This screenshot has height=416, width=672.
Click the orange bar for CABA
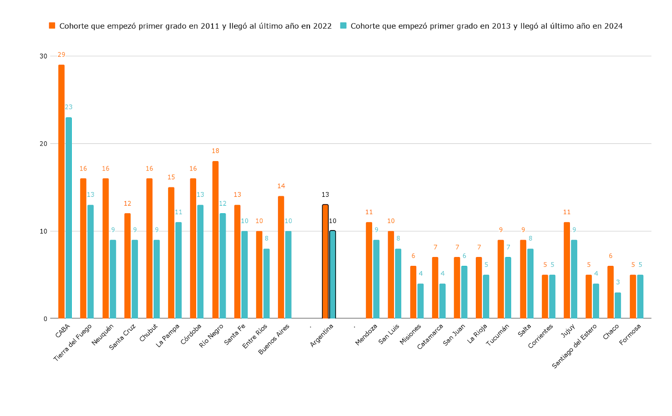pos(61,191)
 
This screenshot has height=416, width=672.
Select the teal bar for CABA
pos(68,218)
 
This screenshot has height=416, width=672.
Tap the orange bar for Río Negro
pos(215,240)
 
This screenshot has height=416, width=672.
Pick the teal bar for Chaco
pos(618,305)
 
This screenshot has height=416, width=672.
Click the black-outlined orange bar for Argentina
pos(325,262)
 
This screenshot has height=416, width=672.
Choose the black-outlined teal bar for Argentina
pos(333,275)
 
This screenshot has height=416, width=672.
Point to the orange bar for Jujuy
pos(567,270)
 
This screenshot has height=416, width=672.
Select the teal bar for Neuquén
pos(113,279)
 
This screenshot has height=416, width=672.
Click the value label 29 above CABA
pos(61,55)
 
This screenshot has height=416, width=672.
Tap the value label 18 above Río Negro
pos(215,151)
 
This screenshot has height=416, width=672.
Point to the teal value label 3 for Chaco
pos(618,282)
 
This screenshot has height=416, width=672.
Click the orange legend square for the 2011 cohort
pos(52,26)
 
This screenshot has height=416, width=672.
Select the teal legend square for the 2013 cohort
pos(344,26)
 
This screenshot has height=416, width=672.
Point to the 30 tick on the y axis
pos(43,56)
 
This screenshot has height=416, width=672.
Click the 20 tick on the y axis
pos(43,144)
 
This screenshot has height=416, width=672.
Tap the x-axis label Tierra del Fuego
pos(73,342)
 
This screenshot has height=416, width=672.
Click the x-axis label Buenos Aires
pos(274,339)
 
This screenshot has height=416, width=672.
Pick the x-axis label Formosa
pos(630,334)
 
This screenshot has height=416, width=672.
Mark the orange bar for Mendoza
pos(369,270)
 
